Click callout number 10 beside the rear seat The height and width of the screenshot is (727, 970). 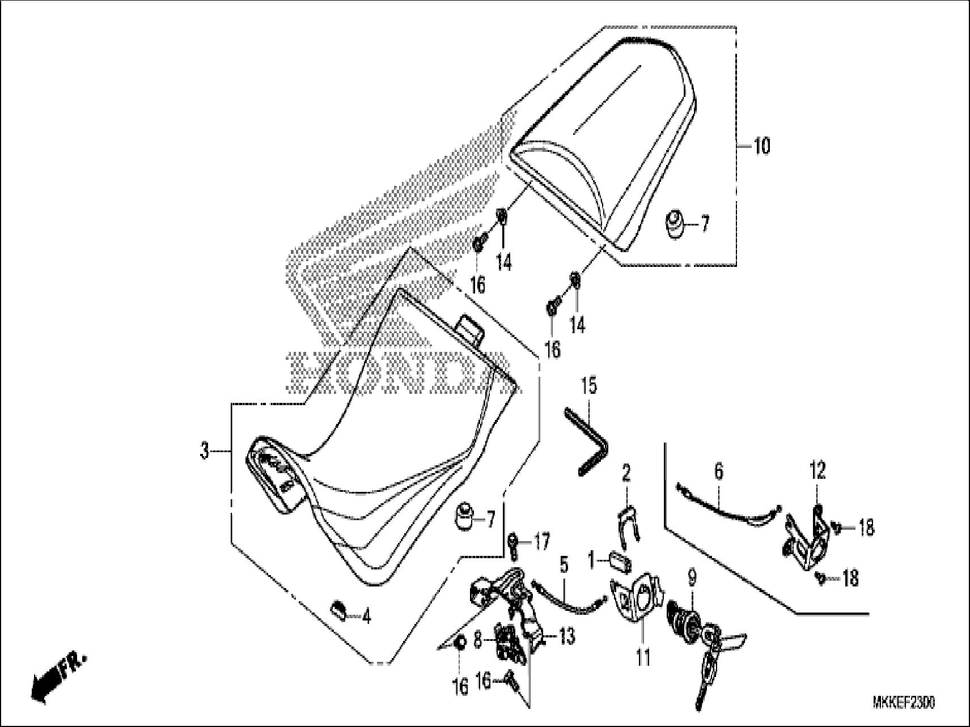[762, 146]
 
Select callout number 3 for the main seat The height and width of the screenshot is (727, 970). [205, 452]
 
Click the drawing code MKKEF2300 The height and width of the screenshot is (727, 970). [904, 703]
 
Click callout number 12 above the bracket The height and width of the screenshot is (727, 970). [817, 471]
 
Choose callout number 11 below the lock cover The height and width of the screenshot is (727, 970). [642, 657]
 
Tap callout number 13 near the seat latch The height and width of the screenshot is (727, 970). [567, 636]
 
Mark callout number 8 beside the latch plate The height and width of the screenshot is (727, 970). [478, 640]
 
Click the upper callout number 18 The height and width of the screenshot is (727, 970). [866, 528]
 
